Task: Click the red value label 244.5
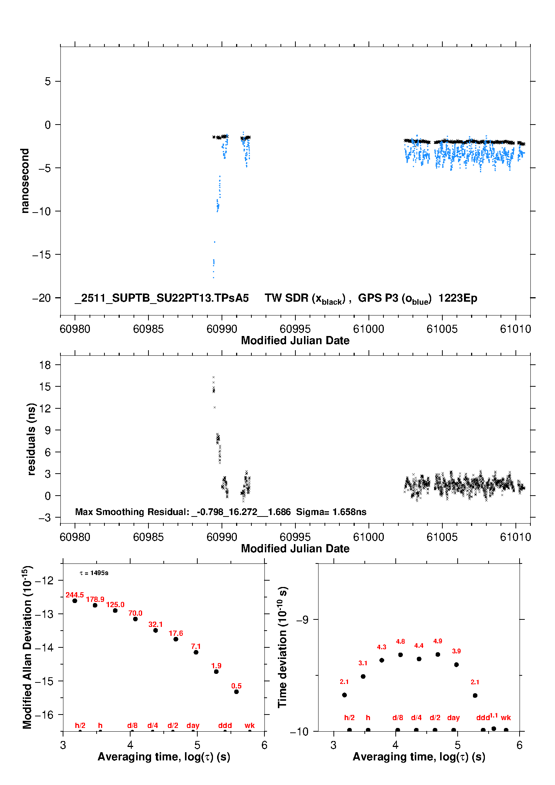point(75,595)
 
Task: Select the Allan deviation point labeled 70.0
point(135,619)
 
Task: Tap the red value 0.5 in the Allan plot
point(236,686)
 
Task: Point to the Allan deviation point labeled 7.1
point(196,652)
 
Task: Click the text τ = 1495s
point(94,573)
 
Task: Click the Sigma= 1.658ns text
point(331,512)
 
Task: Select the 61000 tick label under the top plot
point(369,329)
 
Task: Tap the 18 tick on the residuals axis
point(45,365)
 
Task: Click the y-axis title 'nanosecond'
point(25,180)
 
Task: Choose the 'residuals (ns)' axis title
point(31,439)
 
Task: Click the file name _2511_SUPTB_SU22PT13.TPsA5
point(162,298)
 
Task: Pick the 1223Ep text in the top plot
point(458,298)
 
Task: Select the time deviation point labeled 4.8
point(400,655)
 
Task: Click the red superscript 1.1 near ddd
point(494,715)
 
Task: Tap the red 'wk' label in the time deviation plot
point(506,718)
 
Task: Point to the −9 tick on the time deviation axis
point(302,619)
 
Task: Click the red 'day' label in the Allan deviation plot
point(193,725)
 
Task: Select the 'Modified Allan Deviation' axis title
point(27,647)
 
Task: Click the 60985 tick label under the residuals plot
point(148,537)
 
